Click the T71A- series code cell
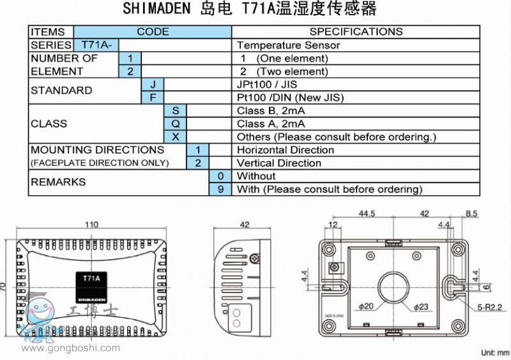pos(96,45)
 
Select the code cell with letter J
pos(153,84)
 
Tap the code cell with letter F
pos(153,97)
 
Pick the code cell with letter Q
pos(176,123)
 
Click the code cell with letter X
pos(176,137)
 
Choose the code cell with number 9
pos(220,189)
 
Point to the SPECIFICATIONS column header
pos(356,31)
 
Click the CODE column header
pos(153,31)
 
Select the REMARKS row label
pos(58,182)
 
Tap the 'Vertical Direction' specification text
pos(279,163)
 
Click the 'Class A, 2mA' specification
pos(271,123)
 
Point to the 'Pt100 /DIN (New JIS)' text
pos(290,97)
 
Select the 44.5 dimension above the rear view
pos(366,214)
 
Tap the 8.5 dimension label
pos(471,214)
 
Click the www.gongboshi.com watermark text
pos(71,348)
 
